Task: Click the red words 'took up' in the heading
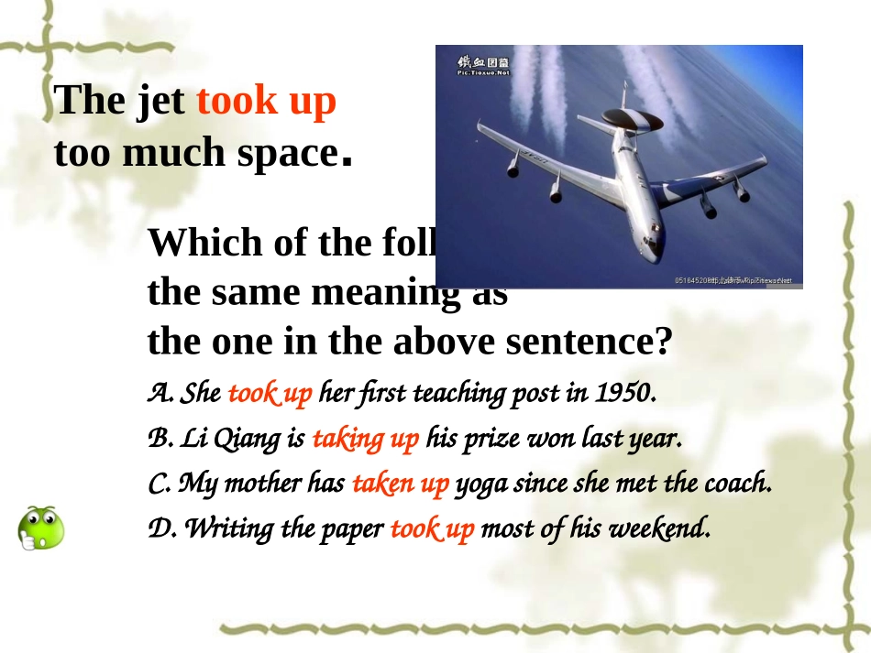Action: tap(266, 102)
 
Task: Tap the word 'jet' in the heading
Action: tap(160, 102)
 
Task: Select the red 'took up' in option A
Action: tap(270, 394)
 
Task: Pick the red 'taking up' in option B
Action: tap(365, 440)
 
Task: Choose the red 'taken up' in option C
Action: tap(400, 484)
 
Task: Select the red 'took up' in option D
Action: tap(432, 528)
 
